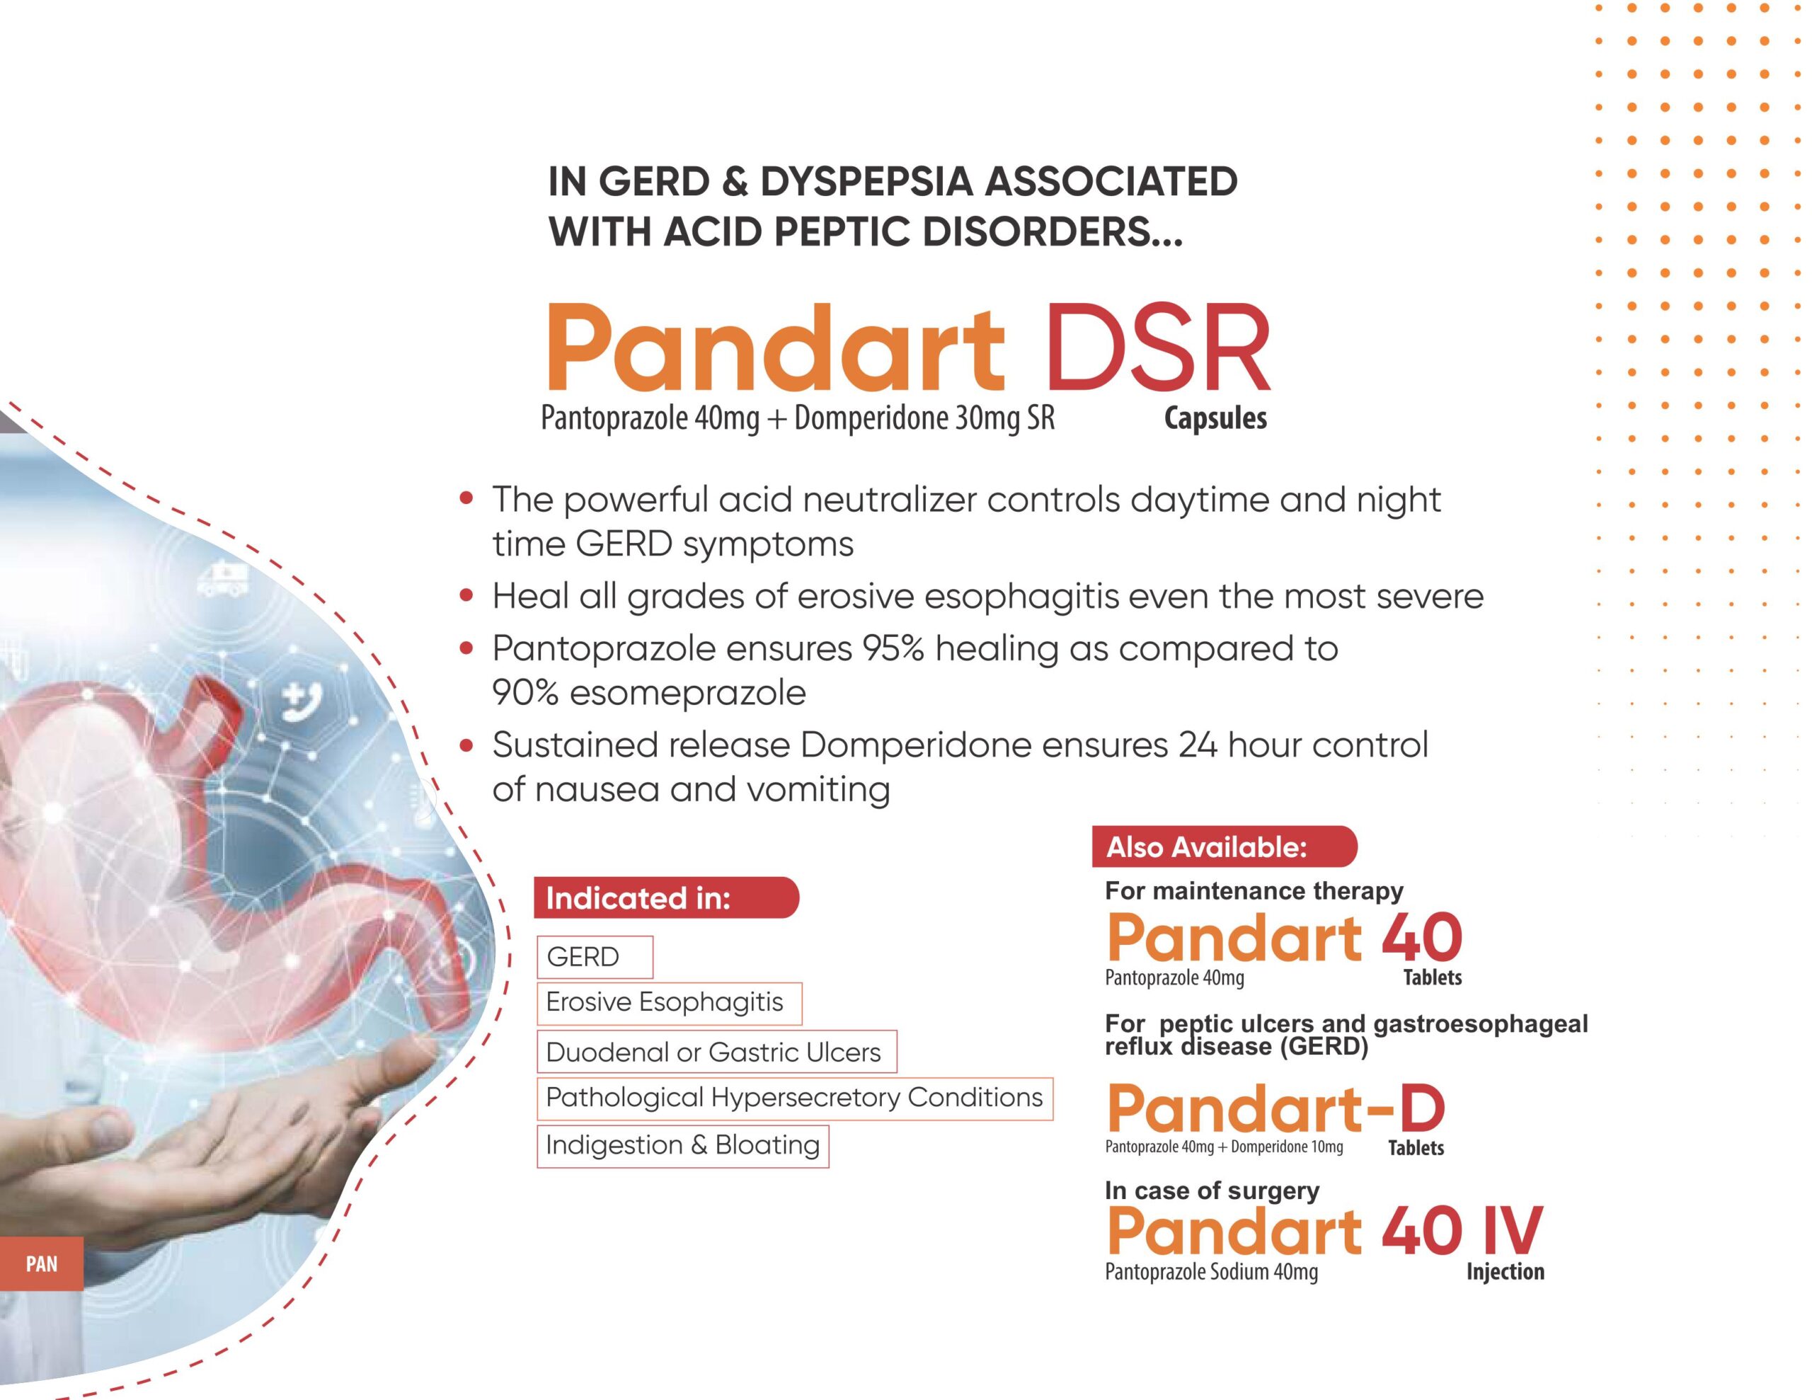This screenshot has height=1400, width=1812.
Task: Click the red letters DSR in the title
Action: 1158,348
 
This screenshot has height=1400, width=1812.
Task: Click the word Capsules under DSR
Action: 1215,418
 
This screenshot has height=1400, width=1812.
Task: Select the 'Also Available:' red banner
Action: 1225,847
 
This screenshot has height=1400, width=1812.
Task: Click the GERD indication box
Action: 595,957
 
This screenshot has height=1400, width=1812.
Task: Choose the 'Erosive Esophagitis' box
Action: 670,1002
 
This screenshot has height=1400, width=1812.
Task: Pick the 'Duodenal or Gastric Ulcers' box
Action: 717,1052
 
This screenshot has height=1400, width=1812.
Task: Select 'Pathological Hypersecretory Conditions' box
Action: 795,1098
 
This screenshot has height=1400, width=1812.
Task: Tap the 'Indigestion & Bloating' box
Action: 683,1145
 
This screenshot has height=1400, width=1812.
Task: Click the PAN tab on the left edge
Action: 42,1264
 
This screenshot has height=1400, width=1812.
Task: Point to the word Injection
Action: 1505,1272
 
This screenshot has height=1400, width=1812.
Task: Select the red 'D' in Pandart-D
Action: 1422,1110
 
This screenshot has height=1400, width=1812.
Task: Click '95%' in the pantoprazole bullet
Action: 893,648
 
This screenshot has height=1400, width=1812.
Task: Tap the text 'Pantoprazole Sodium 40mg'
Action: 1211,1272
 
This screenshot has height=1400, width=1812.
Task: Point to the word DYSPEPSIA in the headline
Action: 866,182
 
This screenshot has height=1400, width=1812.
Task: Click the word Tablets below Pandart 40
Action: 1433,977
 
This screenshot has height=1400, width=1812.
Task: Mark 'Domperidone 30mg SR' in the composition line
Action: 924,418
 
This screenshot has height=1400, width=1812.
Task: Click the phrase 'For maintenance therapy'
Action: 1254,891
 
